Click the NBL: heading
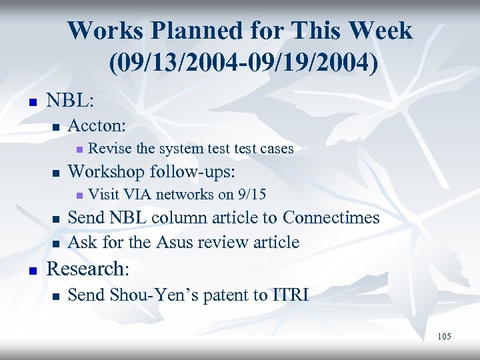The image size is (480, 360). coord(70,101)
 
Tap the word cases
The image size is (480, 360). coord(276,148)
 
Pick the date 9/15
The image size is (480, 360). coord(251,194)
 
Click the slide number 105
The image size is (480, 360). coord(444,337)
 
